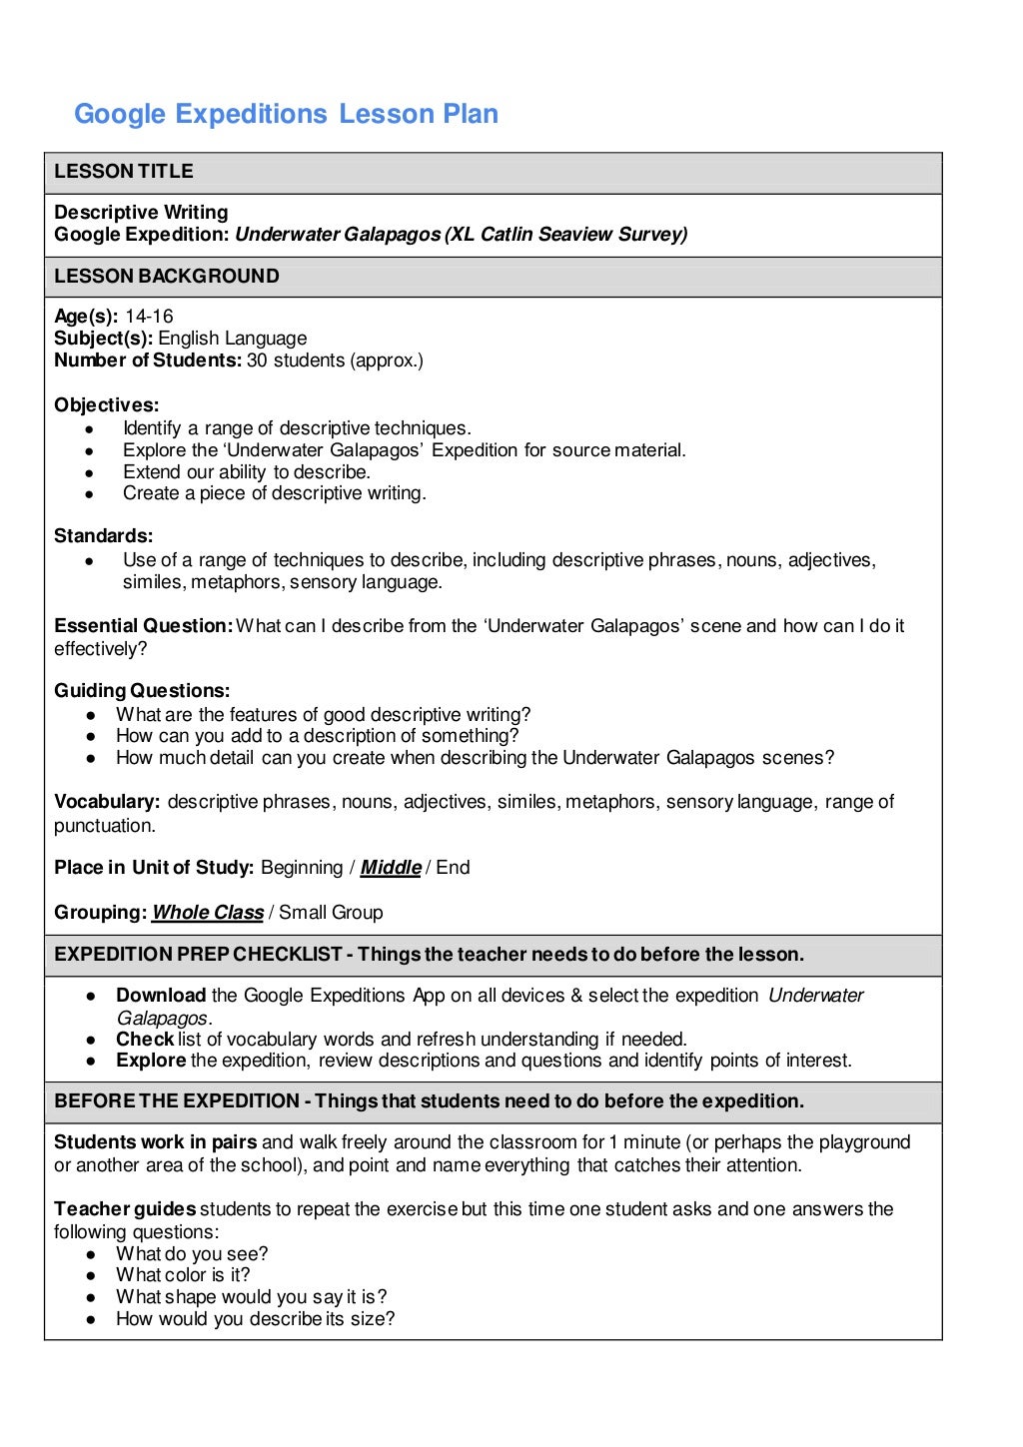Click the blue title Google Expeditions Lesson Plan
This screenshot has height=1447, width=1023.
coord(286,114)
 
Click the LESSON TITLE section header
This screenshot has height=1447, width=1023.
coord(124,172)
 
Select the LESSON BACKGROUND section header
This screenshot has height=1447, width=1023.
coord(167,277)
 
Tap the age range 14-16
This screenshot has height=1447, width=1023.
coord(149,317)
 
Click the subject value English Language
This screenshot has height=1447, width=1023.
coord(232,339)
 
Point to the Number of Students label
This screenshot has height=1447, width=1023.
coord(147,361)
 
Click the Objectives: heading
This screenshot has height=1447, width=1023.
coord(106,405)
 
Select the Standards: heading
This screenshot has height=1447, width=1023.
coord(103,536)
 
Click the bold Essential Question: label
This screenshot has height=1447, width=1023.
coord(143,626)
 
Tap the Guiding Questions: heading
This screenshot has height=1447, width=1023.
coord(142,691)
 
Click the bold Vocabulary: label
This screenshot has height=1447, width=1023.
coord(107,802)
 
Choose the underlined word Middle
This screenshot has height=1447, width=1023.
coord(391,868)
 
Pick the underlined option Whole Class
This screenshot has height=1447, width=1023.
coord(208,913)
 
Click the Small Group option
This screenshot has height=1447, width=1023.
coord(331,913)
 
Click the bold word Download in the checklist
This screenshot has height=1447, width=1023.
coord(161,996)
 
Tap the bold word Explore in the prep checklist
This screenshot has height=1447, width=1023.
coord(151,1061)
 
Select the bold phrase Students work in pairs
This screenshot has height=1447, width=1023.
coord(155,1142)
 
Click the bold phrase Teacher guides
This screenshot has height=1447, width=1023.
coord(125,1209)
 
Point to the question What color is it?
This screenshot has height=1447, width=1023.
coord(183,1275)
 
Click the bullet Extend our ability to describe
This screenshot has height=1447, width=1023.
coord(246,472)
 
